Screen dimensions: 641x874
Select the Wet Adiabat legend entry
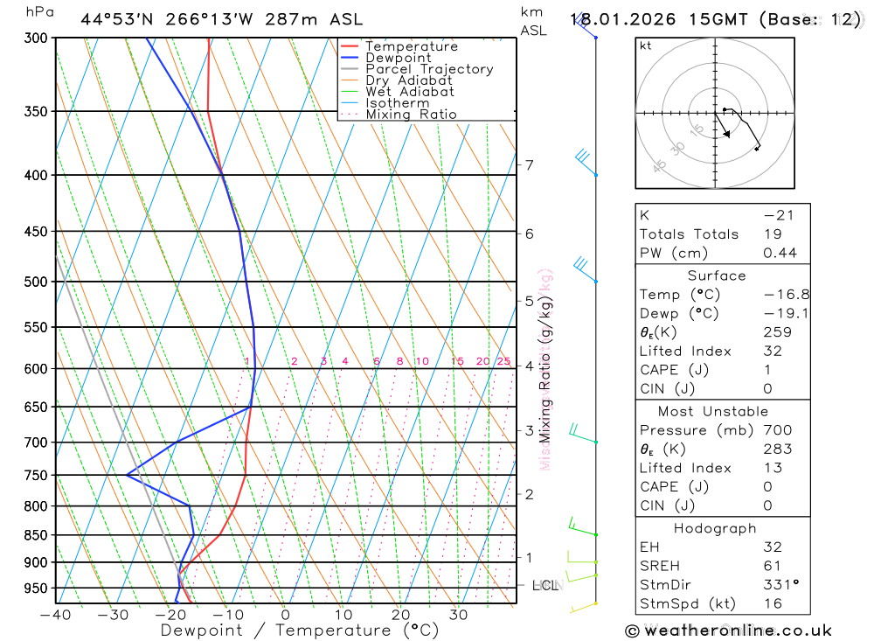pos(409,91)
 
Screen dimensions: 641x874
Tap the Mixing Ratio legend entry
pos(411,114)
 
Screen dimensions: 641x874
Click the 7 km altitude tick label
pos(529,165)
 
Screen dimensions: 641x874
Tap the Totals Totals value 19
pos(772,233)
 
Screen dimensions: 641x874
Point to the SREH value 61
pos(772,566)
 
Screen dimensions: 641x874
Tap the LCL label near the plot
pos(545,585)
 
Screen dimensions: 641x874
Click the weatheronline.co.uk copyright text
pos(728,631)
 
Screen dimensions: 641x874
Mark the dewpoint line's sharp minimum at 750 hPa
pos(128,476)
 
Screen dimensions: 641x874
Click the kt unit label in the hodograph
pos(646,45)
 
